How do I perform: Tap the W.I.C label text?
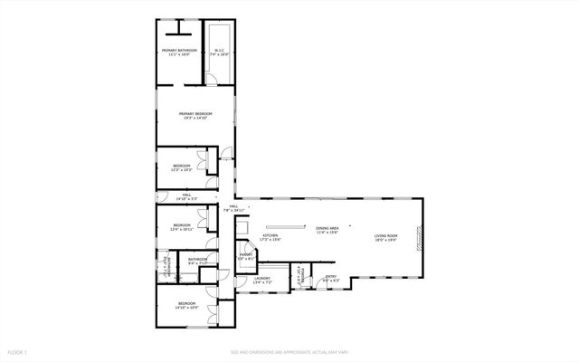pos(217,52)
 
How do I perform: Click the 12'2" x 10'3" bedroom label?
pos(182,167)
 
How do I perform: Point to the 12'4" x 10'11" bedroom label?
pos(182,227)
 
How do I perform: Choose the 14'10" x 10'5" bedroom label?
pos(187,305)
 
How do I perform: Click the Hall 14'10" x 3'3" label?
pos(186,196)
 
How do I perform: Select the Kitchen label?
pos(270,237)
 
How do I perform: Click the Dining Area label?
pos(327,230)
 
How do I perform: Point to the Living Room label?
pos(385,238)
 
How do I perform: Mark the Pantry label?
pos(245,257)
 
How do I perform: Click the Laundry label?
pos(261,281)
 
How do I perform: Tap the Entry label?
pos(330,279)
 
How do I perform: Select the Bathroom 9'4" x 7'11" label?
pos(197,262)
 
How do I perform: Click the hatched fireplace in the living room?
pos(419,238)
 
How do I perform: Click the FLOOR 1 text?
pos(18,351)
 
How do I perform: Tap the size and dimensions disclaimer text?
pos(289,351)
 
